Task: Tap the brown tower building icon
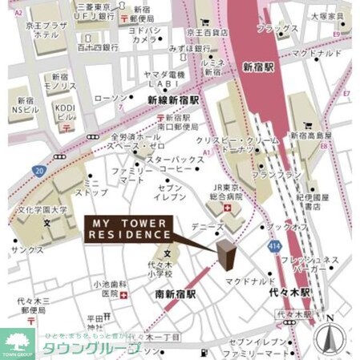click(228, 255)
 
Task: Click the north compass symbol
click(329, 336)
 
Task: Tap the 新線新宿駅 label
click(174, 100)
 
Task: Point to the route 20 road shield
click(39, 170)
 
